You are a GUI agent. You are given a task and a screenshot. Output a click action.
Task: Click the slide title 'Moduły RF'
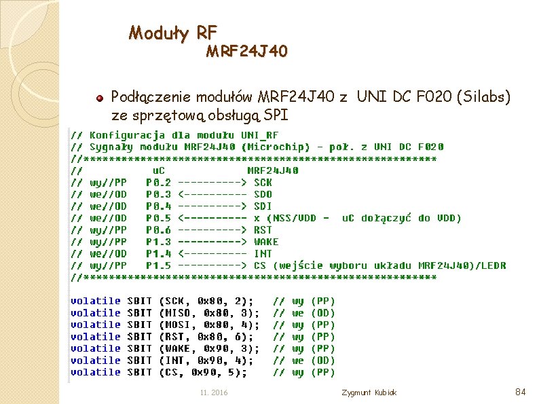173,32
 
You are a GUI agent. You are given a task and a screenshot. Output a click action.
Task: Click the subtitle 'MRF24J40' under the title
246,52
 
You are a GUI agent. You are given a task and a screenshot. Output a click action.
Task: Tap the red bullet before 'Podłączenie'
99,98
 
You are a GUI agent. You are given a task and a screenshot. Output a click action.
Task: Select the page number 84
521,392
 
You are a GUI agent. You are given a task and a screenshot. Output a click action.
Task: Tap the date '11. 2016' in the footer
214,393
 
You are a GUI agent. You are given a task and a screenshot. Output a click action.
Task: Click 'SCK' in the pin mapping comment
263,182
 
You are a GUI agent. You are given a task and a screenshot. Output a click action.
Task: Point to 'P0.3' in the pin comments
158,194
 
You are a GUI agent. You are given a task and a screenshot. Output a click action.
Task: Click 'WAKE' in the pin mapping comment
266,242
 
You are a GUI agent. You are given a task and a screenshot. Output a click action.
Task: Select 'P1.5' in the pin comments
158,265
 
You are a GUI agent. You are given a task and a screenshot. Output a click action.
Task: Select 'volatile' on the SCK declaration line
96,301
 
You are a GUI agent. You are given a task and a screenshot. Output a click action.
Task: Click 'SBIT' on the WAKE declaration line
139,348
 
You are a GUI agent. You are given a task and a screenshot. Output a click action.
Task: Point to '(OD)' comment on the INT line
322,361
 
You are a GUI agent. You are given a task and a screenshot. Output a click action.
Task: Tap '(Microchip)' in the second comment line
281,147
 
